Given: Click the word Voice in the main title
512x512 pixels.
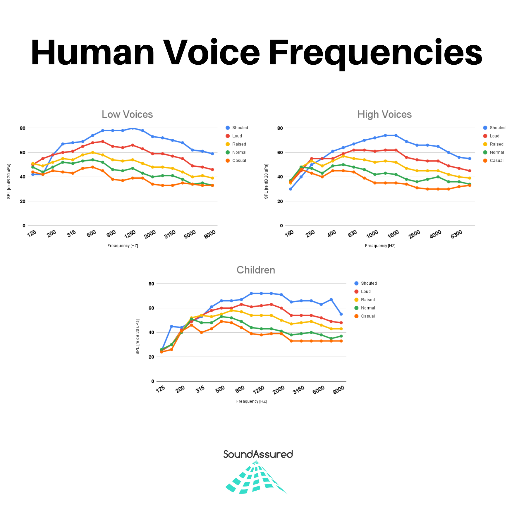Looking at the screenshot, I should tap(211, 53).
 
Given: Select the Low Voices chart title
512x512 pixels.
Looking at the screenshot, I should tap(127, 114).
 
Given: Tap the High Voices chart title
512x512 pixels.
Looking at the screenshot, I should tap(384, 114).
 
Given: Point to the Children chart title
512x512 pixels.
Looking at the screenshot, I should tap(256, 270).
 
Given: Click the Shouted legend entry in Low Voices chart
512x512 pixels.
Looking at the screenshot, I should tap(240, 128).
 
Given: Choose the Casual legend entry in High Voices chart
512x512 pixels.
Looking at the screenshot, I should tap(496, 161).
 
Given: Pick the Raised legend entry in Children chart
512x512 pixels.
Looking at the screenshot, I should tap(367, 300).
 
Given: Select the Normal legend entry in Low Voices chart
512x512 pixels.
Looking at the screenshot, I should tap(239, 152).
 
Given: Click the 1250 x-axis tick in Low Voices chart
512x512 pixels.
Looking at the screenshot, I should tap(130, 234).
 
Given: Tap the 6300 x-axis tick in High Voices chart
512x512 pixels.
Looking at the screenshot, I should tap(456, 234).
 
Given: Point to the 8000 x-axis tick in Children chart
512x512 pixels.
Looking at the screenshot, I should tap(339, 390).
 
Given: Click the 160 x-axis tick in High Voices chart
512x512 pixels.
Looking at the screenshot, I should tap(289, 233).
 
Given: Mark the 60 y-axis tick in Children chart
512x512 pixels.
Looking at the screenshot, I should tap(151, 308).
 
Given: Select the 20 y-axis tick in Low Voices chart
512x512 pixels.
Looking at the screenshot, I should tap(23, 201).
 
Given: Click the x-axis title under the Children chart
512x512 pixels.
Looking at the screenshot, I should tap(251, 401).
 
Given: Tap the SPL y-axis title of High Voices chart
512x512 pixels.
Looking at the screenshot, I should tap(266, 181).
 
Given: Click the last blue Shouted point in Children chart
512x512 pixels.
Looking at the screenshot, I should tap(341, 314).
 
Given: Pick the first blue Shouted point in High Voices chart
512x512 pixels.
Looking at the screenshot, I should tap(291, 189).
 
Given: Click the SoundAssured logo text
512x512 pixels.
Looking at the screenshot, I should tap(258, 454).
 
